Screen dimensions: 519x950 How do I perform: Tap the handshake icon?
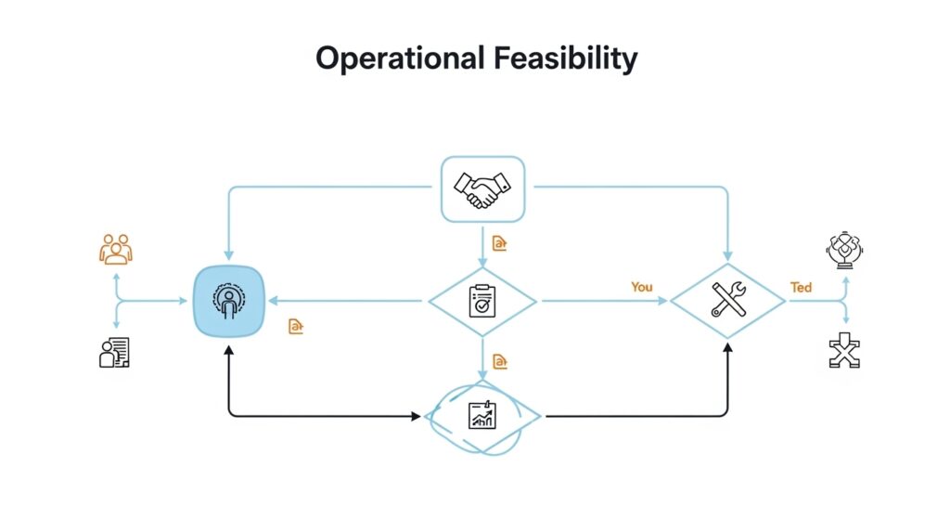(482, 189)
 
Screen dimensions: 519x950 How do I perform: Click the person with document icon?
(115, 352)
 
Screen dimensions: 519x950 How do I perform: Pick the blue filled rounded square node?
(229, 301)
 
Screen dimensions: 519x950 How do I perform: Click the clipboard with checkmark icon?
(481, 301)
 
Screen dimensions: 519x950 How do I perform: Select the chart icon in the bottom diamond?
(482, 415)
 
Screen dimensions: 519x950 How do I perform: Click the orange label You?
(642, 287)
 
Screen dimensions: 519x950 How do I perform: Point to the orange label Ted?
(801, 287)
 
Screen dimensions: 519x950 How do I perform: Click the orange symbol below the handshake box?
(500, 244)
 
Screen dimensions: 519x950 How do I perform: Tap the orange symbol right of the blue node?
(296, 326)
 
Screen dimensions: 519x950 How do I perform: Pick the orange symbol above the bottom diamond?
(500, 360)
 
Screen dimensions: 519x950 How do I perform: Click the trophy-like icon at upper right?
(844, 249)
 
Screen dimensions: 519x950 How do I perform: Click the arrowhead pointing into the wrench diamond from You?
(662, 301)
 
